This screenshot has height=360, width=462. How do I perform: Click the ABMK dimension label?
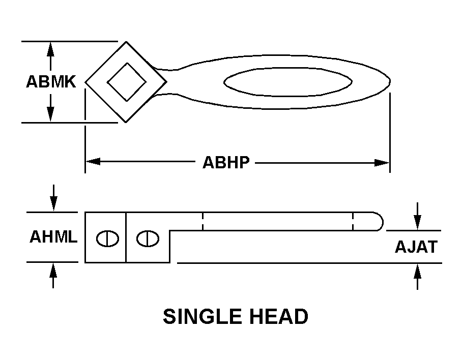(51, 81)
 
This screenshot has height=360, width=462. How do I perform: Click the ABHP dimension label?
(226, 162)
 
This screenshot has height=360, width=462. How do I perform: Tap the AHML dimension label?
(53, 236)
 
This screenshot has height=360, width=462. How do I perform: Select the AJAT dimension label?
(416, 247)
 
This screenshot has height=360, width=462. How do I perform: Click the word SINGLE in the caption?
(200, 316)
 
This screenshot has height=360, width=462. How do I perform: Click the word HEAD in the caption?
(279, 316)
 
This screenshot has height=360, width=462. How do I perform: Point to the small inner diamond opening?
(127, 82)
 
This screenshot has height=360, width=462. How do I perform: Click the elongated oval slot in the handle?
(288, 82)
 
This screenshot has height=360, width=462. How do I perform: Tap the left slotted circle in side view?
(107, 238)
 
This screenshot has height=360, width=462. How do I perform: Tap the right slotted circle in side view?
(148, 238)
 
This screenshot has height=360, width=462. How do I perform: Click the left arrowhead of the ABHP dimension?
(93, 161)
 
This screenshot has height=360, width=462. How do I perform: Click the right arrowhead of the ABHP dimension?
(382, 163)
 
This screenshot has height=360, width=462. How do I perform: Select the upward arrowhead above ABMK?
(50, 49)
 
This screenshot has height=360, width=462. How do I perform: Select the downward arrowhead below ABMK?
(50, 114)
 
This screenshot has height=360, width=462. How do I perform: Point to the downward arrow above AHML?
(53, 197)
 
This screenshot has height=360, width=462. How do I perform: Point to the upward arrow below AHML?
(53, 276)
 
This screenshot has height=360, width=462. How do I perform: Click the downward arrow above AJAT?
(417, 216)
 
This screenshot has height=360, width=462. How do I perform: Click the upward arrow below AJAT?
(417, 277)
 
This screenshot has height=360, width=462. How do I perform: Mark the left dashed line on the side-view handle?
(203, 221)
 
